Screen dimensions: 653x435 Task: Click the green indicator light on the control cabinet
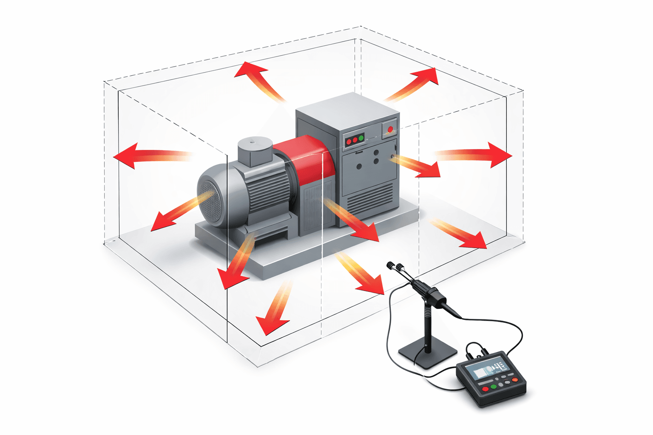(x=361, y=138)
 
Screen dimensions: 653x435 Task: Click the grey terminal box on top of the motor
(x=255, y=151)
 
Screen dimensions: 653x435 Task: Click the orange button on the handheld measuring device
(x=515, y=379)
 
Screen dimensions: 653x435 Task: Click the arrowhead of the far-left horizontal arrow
(x=126, y=156)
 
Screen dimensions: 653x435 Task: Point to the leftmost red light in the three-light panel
(x=349, y=140)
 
